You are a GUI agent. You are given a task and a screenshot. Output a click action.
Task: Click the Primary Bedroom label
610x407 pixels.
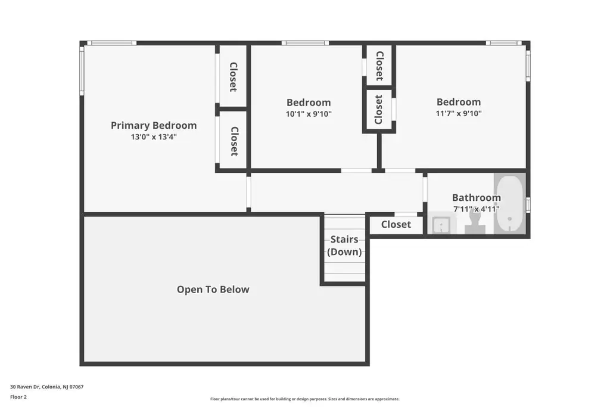(154, 126)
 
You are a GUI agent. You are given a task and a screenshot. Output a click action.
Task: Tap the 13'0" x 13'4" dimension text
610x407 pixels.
(154, 137)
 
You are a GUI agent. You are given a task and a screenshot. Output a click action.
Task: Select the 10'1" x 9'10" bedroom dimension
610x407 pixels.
(309, 114)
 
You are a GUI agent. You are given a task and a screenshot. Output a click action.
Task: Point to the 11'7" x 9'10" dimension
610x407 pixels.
(459, 113)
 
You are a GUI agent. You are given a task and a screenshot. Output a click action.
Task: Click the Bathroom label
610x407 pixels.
(476, 197)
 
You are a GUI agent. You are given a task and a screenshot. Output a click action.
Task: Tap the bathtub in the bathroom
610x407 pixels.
(510, 204)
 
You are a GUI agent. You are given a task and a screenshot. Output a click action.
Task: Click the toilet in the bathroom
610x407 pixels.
(475, 223)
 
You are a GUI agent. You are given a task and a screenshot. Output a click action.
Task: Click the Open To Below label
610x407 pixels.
(213, 290)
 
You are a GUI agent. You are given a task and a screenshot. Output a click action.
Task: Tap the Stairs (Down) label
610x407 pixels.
(344, 246)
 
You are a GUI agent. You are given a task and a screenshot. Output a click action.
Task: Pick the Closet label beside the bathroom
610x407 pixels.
(396, 225)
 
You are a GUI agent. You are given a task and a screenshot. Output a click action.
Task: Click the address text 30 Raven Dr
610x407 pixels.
(25, 387)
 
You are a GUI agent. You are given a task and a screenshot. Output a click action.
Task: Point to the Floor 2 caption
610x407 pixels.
(18, 397)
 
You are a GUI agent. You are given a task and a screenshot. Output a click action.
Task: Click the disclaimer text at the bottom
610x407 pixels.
(304, 399)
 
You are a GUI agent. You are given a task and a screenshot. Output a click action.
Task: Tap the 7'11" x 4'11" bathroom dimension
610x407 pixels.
(476, 209)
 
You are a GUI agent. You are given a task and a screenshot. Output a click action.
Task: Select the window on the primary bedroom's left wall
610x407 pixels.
(82, 70)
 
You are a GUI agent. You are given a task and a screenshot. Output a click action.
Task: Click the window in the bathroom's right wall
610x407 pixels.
(528, 204)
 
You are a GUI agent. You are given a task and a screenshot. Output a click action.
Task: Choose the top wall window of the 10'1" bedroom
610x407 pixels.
(305, 43)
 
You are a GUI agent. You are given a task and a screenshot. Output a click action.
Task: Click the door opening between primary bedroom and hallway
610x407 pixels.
(248, 192)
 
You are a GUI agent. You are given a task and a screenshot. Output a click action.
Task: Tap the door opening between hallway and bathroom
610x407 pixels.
(425, 189)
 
